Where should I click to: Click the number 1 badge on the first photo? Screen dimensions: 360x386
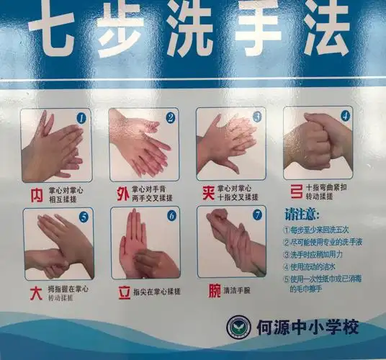pos(81,117)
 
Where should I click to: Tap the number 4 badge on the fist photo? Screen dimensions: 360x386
pos(345,115)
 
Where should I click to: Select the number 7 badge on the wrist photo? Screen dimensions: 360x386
pos(257,215)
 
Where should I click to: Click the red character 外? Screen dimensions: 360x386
pos(122,193)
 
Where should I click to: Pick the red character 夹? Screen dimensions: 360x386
pos(208,192)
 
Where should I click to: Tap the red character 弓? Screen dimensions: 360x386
pos(295,191)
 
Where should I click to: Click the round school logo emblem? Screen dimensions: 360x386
pos(239,328)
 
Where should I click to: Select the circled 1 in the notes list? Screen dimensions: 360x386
pos(287,229)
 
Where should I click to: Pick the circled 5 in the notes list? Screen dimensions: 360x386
pos(287,278)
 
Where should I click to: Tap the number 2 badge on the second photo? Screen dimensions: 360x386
pos(171,117)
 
